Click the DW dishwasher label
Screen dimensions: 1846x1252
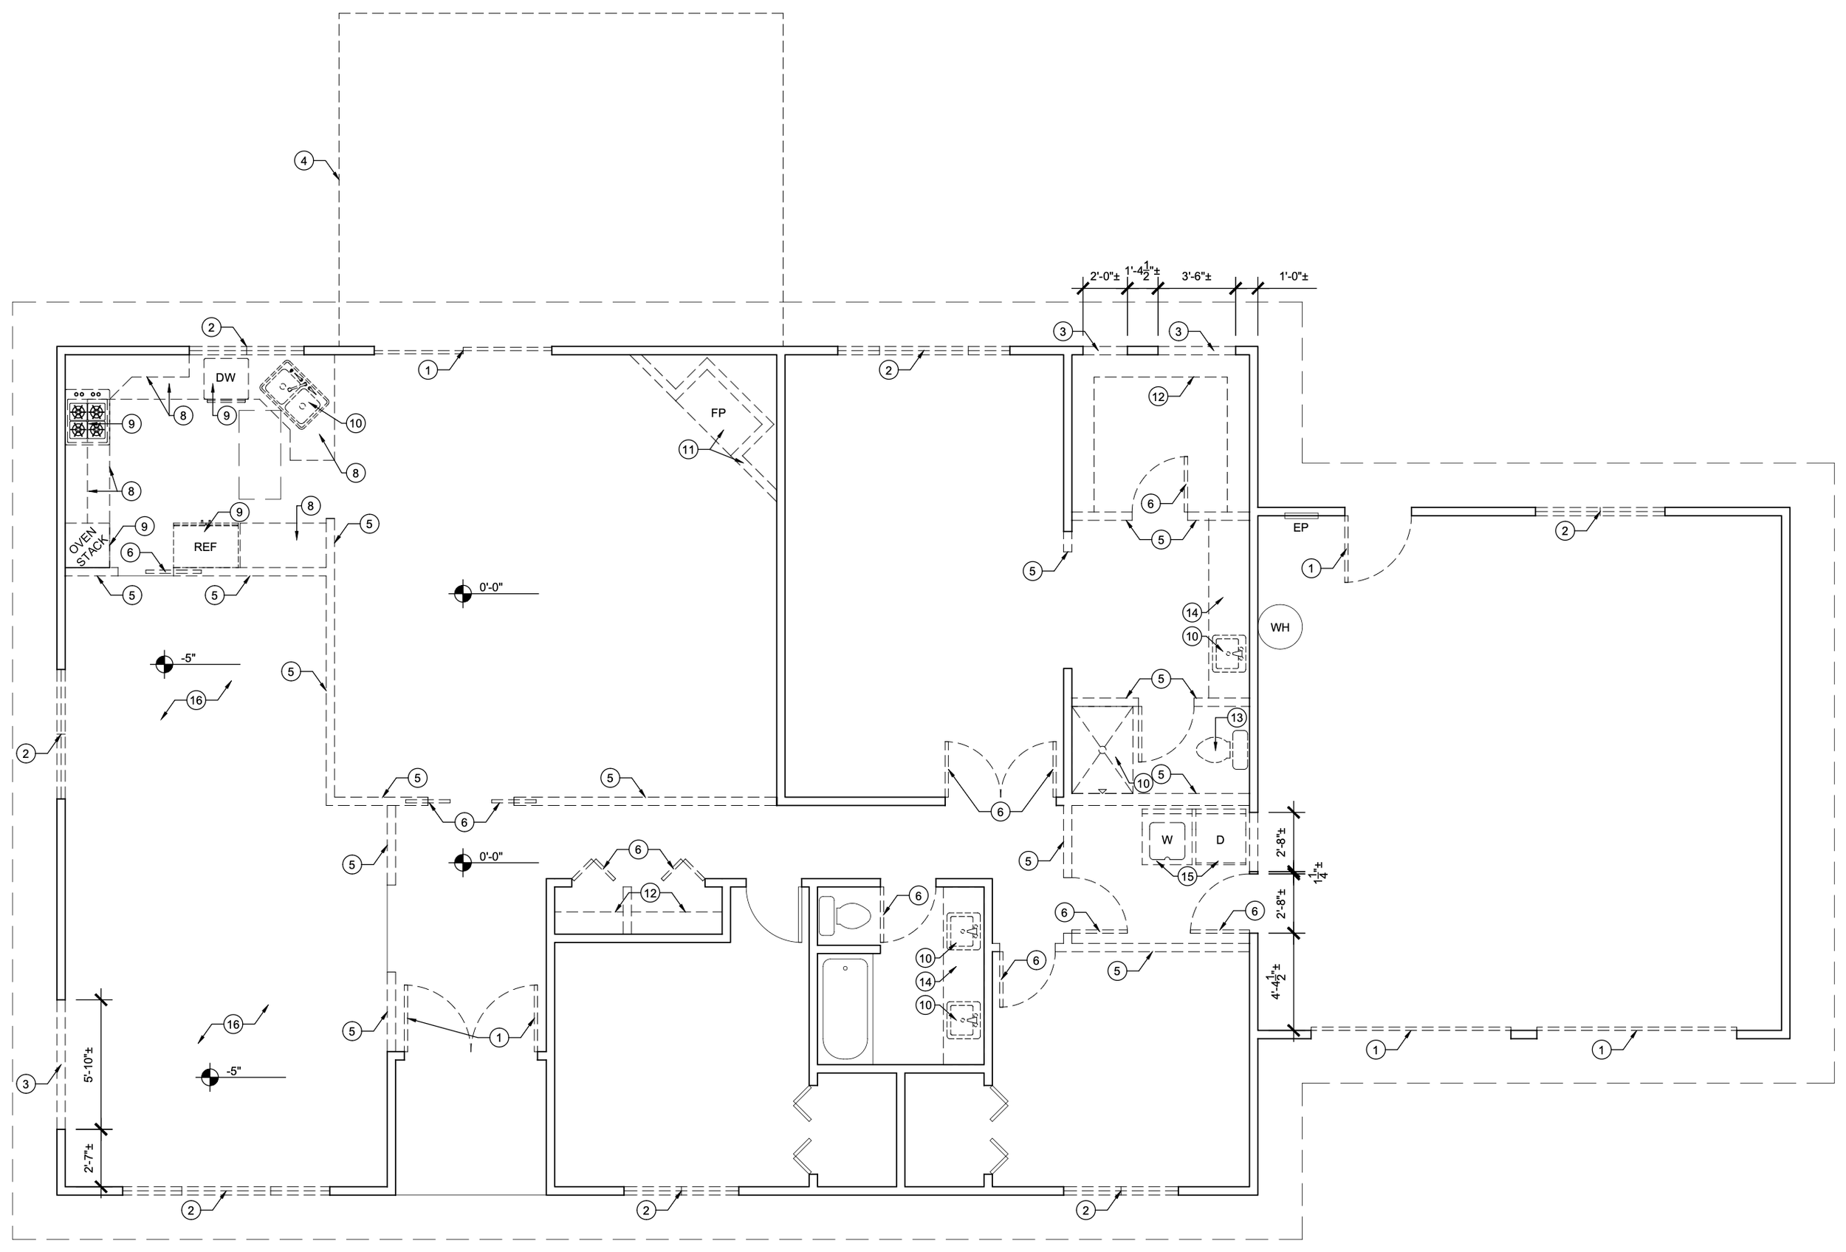pos(226,377)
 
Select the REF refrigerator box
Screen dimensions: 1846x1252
pos(206,546)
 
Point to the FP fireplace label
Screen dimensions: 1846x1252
pos(718,413)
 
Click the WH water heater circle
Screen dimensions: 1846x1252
pos(1280,628)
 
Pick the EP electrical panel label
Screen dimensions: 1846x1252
pos(1300,527)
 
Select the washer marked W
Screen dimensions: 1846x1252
pos(1167,840)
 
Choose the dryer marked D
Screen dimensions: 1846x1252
pos(1220,840)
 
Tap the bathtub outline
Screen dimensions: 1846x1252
pos(845,1008)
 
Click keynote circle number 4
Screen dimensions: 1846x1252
pos(303,160)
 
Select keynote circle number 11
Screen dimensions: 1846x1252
pos(688,450)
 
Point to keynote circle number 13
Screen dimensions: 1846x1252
pos(1237,717)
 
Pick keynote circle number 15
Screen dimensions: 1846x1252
pos(1187,876)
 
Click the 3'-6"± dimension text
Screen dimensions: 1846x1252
pos(1196,276)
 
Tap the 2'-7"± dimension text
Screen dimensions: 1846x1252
pos(88,1158)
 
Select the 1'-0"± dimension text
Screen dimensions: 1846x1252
pos(1293,276)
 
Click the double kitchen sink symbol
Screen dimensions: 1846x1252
pos(296,397)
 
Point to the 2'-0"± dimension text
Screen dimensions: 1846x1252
pos(1104,276)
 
